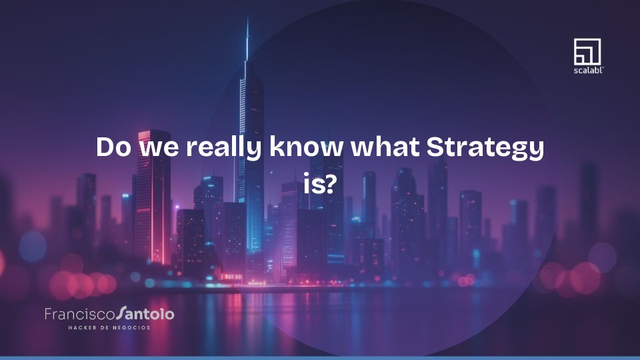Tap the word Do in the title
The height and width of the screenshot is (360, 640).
[x=113, y=147]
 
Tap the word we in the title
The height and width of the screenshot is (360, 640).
[x=157, y=148]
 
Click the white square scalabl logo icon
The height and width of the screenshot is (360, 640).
[x=587, y=51]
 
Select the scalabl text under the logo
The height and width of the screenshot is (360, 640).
[x=587, y=69]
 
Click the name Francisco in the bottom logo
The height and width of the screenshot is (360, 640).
[x=79, y=313]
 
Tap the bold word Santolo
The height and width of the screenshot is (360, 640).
[x=145, y=313]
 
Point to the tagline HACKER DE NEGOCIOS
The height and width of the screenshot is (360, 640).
[x=109, y=327]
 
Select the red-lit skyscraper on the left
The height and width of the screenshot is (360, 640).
[x=155, y=193]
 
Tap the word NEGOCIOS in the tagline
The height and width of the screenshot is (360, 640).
[x=131, y=327]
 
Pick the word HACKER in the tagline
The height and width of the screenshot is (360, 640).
[x=82, y=327]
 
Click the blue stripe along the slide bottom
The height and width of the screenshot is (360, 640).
[x=320, y=358]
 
